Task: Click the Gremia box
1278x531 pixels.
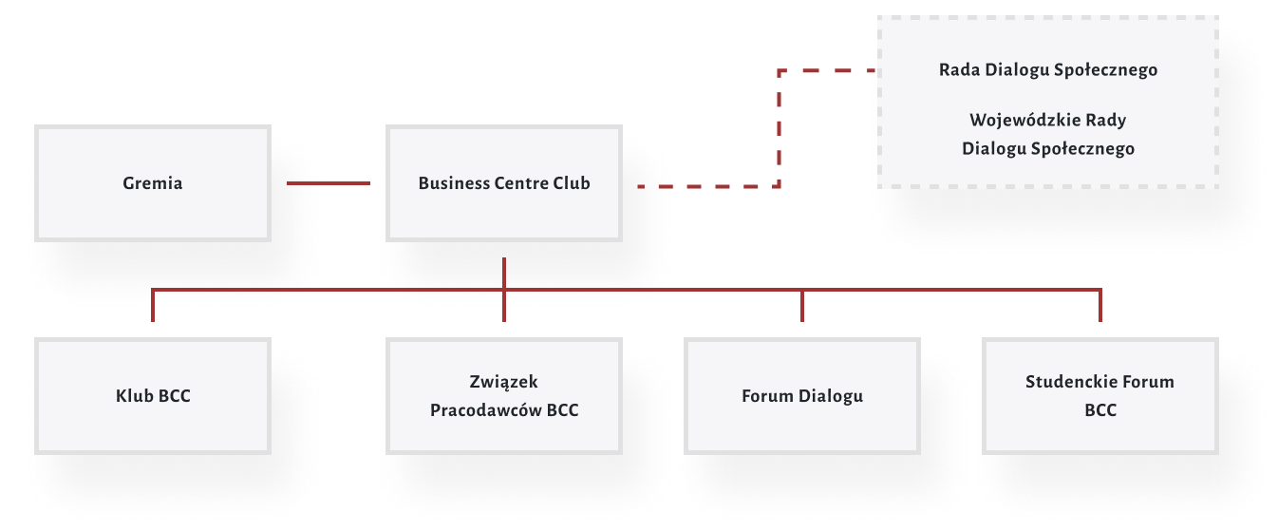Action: tap(152, 183)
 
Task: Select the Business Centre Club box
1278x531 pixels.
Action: tap(504, 183)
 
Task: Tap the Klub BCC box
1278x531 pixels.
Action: tap(152, 395)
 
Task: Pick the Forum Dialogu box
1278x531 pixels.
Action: tap(802, 395)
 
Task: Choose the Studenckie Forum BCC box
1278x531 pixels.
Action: tap(1099, 395)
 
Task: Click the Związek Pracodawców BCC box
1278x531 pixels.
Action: tap(504, 395)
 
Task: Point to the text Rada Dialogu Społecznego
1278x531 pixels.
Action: tap(1047, 70)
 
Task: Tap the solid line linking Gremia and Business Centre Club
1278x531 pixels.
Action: tap(328, 183)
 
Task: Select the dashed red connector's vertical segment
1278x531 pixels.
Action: tap(779, 128)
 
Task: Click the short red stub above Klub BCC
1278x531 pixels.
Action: tap(152, 305)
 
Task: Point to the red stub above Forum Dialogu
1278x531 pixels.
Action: tap(802, 305)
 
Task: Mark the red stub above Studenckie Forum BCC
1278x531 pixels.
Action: tap(1099, 305)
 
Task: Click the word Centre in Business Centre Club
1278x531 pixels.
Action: tap(521, 183)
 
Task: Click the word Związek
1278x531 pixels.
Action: tap(503, 382)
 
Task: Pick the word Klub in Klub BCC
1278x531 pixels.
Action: tap(132, 395)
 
